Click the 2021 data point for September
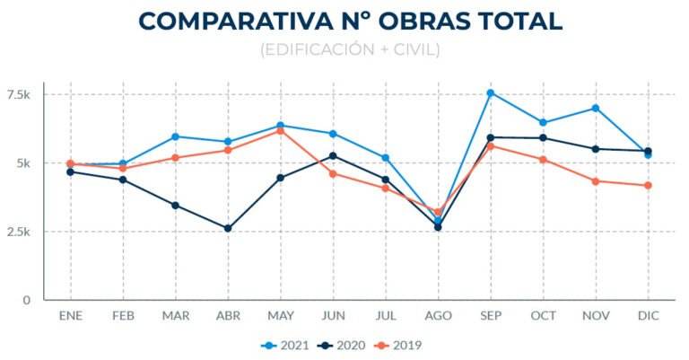491,92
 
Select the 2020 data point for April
228,228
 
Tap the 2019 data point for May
280,131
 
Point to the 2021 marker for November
596,109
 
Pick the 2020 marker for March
175,205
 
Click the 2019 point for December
648,186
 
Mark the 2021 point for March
175,136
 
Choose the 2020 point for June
333,155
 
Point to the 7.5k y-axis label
19,95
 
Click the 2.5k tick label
19,232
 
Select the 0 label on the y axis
27,300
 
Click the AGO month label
438,317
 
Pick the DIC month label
648,317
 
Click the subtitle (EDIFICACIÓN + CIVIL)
350,50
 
